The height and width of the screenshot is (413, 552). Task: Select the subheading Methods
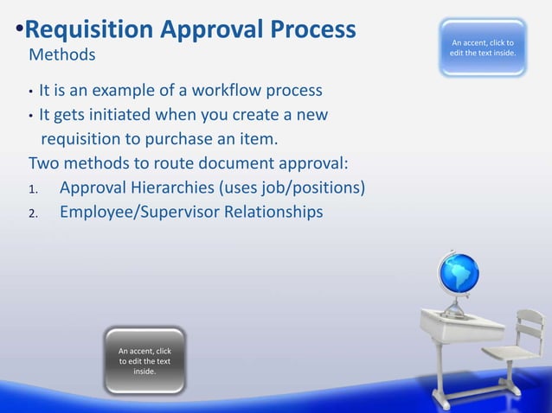pos(62,55)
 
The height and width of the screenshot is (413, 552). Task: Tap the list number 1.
pos(32,189)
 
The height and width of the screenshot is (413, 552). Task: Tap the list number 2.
pos(32,213)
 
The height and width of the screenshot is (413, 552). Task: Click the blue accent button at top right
pos(482,48)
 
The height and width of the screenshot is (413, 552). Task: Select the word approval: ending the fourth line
pos(311,163)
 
